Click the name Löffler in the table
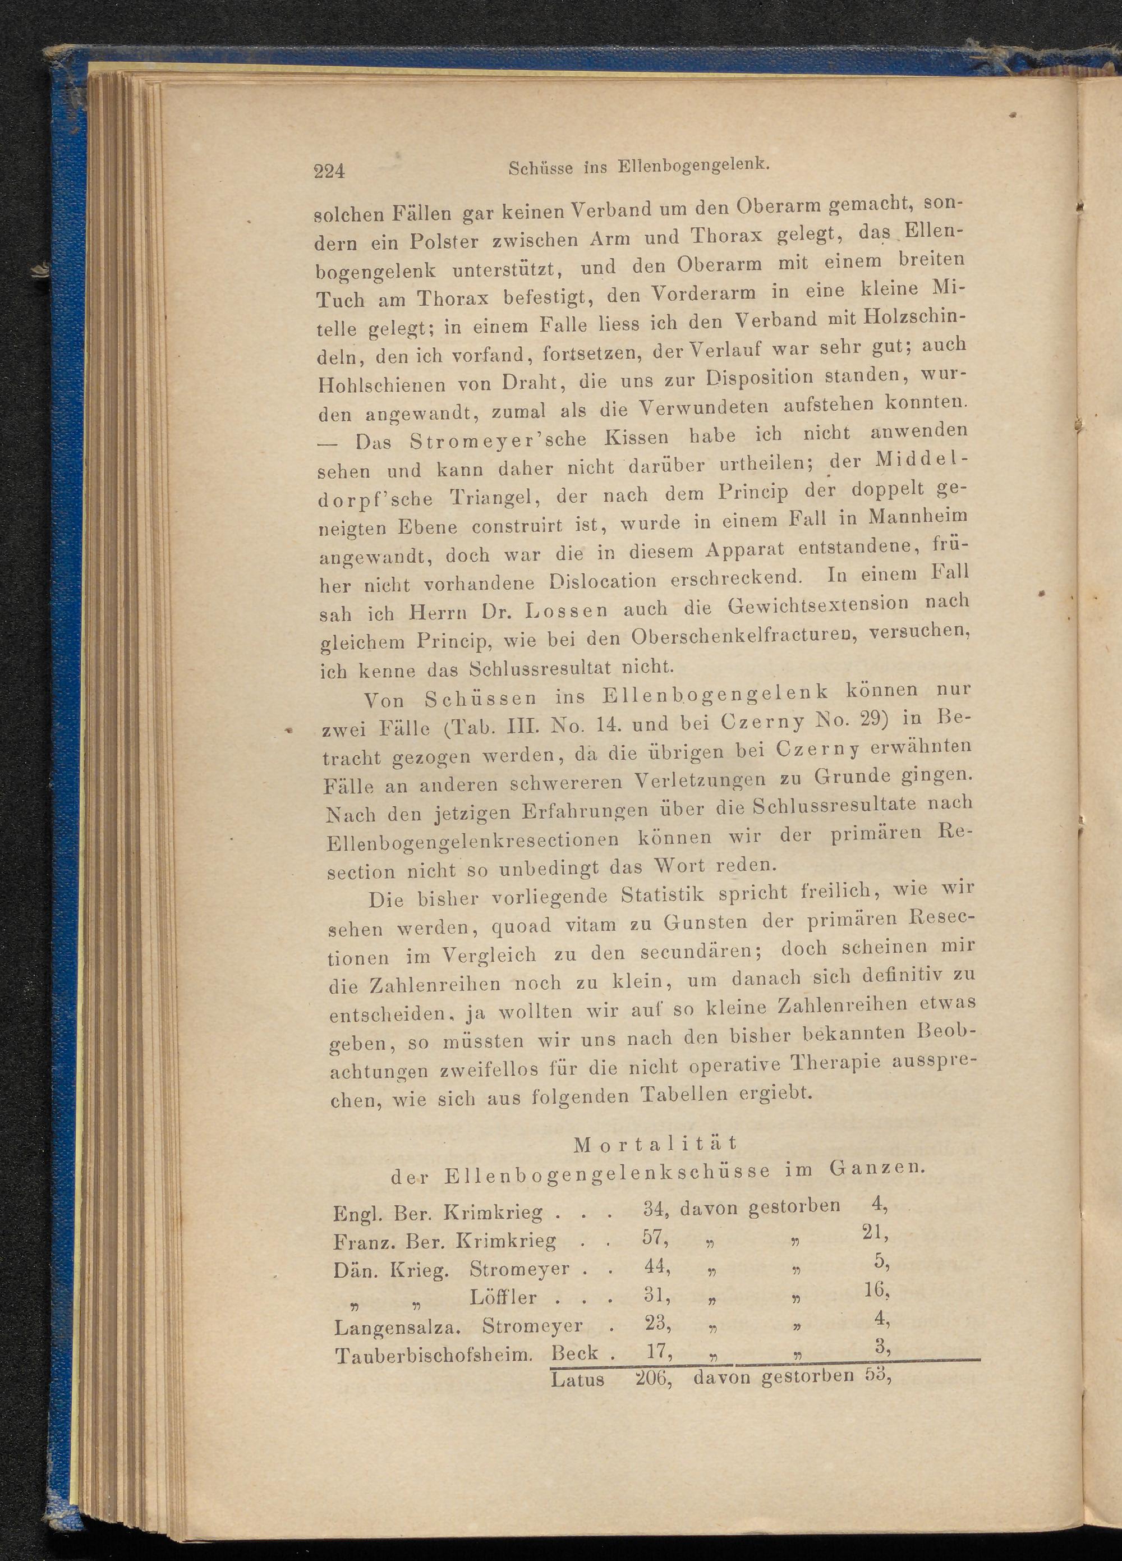coord(503,1297)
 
